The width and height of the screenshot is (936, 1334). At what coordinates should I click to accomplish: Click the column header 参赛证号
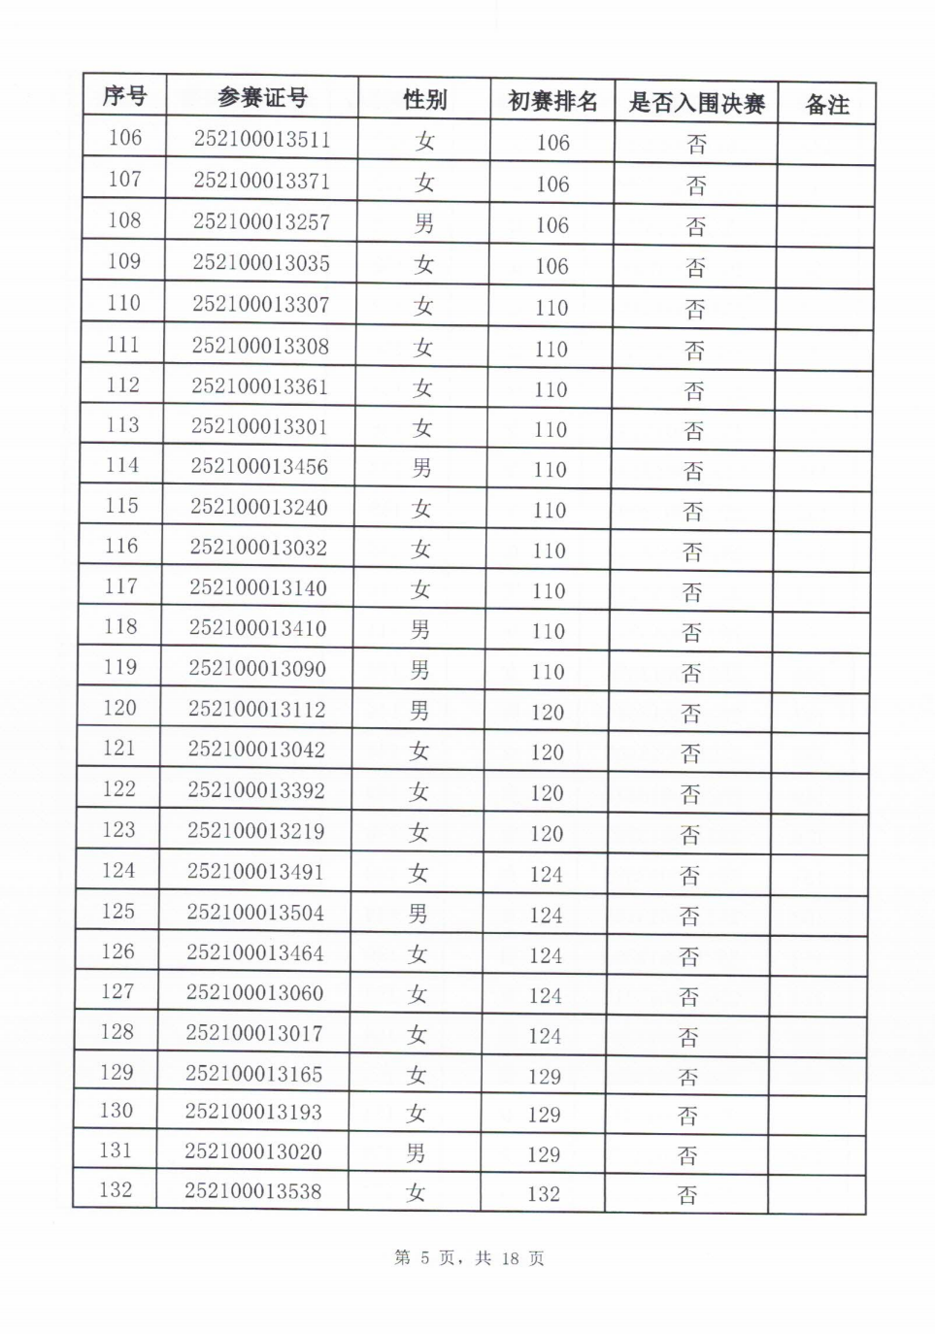262,98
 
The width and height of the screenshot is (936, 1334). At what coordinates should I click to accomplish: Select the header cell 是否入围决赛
696,103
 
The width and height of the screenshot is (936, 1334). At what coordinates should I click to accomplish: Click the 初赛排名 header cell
552,101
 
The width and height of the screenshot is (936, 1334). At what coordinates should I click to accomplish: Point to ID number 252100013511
262,140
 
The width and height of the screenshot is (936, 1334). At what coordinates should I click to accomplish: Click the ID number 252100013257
261,222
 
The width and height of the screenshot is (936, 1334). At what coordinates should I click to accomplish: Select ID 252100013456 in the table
259,467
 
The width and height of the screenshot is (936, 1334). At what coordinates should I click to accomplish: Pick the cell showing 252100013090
257,669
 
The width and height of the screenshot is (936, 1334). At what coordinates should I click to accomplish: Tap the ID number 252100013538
252,1191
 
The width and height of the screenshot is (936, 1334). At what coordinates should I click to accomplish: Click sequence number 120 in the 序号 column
119,708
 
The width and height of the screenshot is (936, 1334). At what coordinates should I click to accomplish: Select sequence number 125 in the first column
118,912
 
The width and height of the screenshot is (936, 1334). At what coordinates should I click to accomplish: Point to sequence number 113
122,425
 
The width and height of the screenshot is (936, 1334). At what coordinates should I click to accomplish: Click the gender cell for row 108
424,224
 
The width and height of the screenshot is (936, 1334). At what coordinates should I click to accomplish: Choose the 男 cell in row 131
416,1153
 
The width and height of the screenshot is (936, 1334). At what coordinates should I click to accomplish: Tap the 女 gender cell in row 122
418,792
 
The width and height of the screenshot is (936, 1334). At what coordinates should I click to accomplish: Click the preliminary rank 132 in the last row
544,1194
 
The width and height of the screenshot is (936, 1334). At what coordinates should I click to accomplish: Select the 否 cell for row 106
696,145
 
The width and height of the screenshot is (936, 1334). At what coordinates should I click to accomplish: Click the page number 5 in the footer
424,1258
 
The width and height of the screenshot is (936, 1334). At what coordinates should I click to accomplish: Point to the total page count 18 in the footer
510,1258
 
